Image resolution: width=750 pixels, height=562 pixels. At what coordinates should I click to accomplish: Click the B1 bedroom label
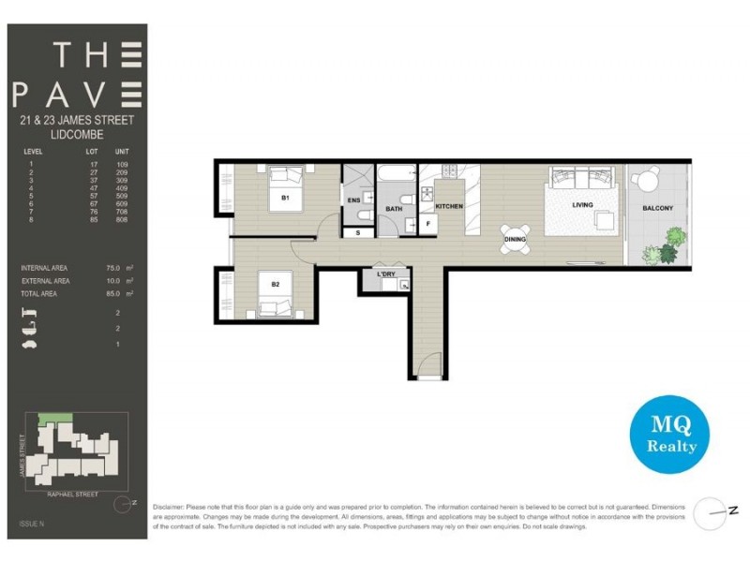point(285,199)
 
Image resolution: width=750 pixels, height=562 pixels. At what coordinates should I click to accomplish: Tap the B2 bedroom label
point(276,285)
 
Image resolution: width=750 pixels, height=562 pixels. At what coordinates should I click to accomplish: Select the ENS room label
point(353,200)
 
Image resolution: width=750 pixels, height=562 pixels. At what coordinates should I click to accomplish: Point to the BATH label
point(394,210)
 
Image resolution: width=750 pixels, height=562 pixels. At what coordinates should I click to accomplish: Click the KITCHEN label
point(449,206)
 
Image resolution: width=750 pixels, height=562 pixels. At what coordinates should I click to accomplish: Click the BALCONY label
point(657,208)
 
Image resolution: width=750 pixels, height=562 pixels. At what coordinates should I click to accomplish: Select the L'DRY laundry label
point(385,273)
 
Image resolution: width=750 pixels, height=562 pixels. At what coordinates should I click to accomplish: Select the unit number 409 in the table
point(122,188)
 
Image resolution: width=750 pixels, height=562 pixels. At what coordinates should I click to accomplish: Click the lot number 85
point(92,220)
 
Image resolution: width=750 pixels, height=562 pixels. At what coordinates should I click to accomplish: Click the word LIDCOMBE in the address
point(76,134)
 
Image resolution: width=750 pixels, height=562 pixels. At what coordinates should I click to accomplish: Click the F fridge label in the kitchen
point(427,225)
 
